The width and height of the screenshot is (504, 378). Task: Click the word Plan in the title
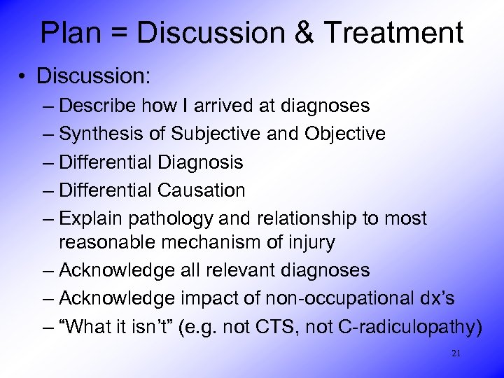point(70,33)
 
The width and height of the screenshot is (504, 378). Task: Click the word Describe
point(98,106)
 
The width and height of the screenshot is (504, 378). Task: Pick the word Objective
point(344,134)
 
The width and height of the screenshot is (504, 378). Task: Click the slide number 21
point(456,353)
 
